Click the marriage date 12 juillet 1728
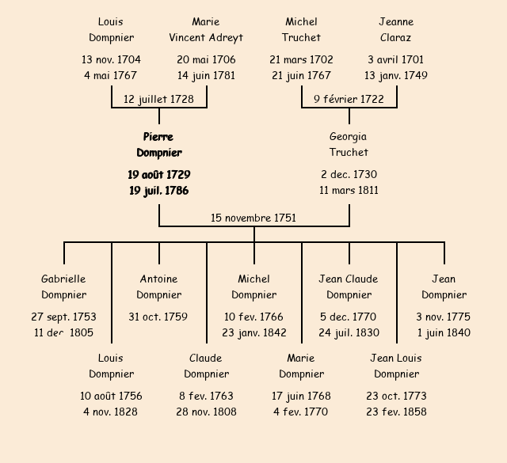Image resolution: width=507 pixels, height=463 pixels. (158, 99)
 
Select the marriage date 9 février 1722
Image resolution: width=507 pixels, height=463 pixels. (349, 99)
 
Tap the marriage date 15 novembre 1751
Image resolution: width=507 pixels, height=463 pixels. (253, 218)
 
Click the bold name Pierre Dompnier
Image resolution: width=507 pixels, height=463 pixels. (158, 145)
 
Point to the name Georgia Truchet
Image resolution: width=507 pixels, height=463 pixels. (349, 145)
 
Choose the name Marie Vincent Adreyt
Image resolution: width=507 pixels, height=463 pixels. (206, 29)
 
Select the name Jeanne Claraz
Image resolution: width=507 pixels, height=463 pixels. (396, 29)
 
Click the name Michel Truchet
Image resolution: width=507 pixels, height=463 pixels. (301, 29)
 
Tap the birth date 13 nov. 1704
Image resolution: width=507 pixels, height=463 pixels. (111, 59)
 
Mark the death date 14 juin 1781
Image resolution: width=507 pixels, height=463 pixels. (206, 76)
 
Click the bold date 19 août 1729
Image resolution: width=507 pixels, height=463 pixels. (158, 174)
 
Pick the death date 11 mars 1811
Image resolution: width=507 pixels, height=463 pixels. (349, 190)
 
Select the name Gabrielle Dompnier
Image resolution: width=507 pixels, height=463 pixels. (63, 287)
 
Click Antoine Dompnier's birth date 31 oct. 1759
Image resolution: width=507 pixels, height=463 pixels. (158, 317)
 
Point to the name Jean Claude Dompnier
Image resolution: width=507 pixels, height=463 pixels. (349, 287)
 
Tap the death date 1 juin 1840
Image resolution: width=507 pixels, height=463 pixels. (444, 332)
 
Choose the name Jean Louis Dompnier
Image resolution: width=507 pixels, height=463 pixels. (396, 366)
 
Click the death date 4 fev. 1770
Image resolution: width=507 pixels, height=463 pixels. (301, 412)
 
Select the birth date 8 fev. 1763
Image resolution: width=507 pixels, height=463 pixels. (206, 396)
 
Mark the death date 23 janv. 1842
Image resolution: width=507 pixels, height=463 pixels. (254, 332)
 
